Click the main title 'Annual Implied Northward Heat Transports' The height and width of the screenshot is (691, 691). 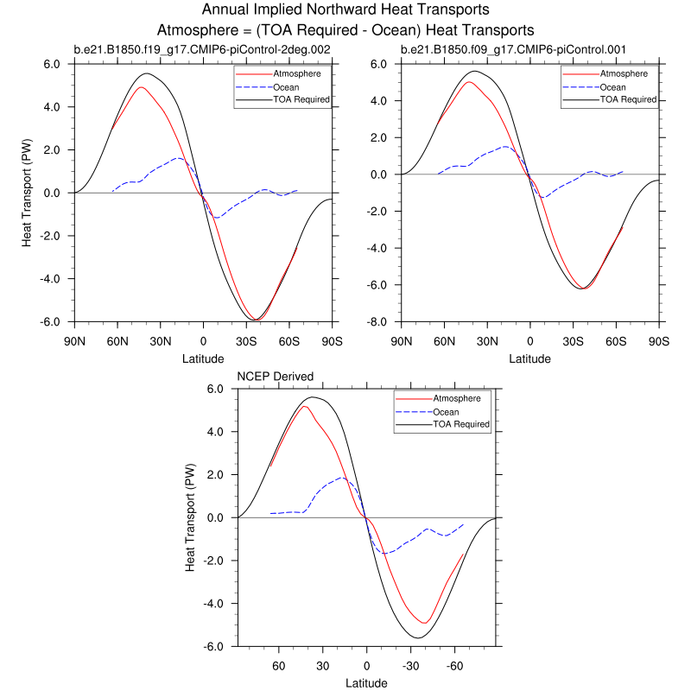345,10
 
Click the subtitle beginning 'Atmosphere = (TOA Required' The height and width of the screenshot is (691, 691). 345,29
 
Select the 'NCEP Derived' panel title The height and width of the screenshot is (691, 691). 276,377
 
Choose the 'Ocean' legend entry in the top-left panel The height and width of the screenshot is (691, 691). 287,86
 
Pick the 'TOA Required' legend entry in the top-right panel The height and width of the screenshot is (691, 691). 628,99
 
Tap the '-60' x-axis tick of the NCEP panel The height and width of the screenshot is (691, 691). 454,666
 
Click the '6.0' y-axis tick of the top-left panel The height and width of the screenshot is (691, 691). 53,64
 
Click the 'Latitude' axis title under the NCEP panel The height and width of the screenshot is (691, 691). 366,683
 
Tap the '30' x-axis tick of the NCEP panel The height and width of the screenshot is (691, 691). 321,666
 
